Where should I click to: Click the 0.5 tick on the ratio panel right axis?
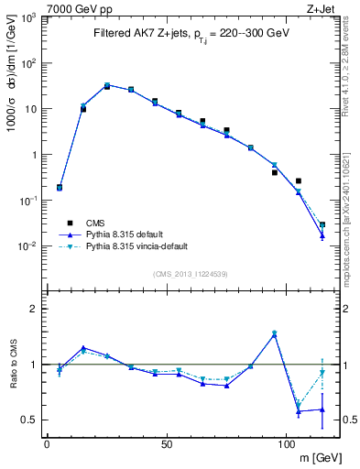(346, 420)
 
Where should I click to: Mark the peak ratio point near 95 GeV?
(274, 333)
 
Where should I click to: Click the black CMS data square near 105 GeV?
(299, 181)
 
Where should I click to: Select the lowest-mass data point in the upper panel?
(60, 188)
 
